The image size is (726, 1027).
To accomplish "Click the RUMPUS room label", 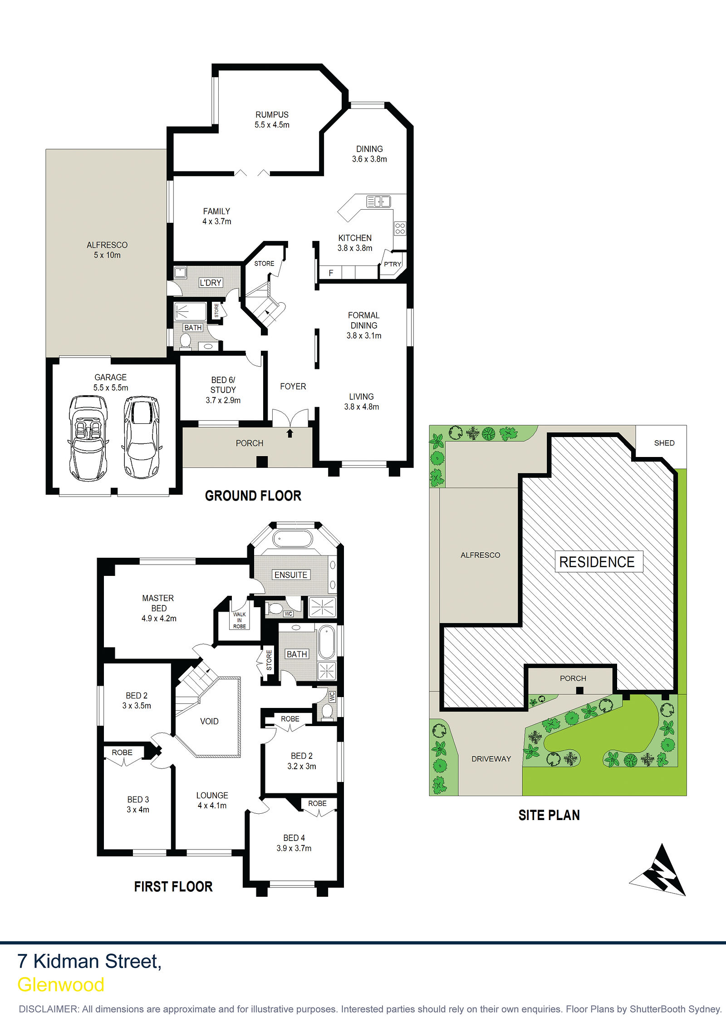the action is [x=272, y=115].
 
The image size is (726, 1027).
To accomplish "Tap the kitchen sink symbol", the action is [x=378, y=201].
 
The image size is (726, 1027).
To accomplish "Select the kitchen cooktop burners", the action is [x=400, y=228].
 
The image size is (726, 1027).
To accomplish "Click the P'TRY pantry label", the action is [x=392, y=264].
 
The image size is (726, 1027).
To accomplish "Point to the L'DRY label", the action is [x=211, y=283].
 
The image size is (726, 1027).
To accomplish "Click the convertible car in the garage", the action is [x=88, y=438].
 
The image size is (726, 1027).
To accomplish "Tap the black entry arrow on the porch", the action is [x=290, y=433].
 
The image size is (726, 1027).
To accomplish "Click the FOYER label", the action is [x=293, y=386].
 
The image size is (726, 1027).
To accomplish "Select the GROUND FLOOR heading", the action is [x=253, y=496].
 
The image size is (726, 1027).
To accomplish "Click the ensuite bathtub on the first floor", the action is [x=293, y=539].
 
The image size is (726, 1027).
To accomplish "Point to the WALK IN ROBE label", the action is [x=240, y=620].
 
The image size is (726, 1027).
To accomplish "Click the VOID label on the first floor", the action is [x=209, y=721].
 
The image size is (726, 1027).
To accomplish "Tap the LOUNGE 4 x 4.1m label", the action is [x=212, y=801].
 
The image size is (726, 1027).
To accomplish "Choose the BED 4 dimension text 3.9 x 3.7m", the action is [x=294, y=848].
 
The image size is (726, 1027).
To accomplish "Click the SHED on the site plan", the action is [x=664, y=443].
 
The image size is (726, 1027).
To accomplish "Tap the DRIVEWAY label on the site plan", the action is [x=491, y=759].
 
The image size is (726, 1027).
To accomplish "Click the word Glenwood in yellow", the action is [x=61, y=985].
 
